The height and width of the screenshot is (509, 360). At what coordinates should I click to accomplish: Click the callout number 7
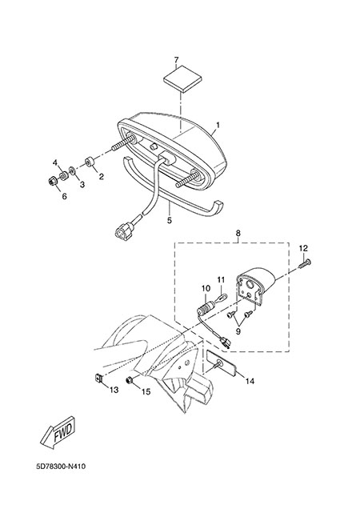tap(176, 60)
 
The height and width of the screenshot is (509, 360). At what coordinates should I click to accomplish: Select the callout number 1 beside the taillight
tap(218, 125)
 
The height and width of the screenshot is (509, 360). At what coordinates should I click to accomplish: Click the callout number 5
tap(169, 220)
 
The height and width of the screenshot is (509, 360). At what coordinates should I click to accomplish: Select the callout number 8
tap(238, 233)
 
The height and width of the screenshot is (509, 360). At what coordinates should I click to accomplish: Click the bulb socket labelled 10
tap(205, 307)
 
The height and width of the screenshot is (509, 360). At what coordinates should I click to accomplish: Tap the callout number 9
tap(238, 331)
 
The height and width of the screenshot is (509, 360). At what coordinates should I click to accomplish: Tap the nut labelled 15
tap(129, 380)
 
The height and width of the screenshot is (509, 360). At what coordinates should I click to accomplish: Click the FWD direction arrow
tap(59, 433)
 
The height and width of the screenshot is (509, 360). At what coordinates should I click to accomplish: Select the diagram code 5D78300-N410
tap(61, 467)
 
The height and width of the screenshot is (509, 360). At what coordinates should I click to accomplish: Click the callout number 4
tap(55, 162)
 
